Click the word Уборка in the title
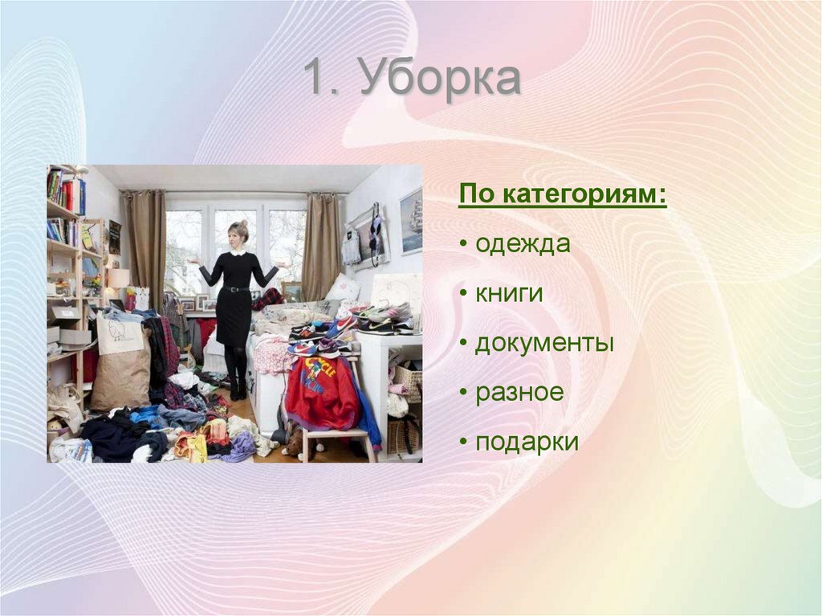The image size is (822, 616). pyautogui.click(x=440, y=80)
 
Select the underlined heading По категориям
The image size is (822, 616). pyautogui.click(x=562, y=196)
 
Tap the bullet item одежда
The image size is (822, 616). pyautogui.click(x=523, y=243)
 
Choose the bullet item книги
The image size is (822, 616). pyautogui.click(x=509, y=293)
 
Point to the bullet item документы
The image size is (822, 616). pyautogui.click(x=544, y=344)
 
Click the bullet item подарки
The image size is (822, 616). pyautogui.click(x=527, y=443)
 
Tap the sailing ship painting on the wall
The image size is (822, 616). pyautogui.click(x=411, y=221)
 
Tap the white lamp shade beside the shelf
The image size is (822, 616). pyautogui.click(x=118, y=278)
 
